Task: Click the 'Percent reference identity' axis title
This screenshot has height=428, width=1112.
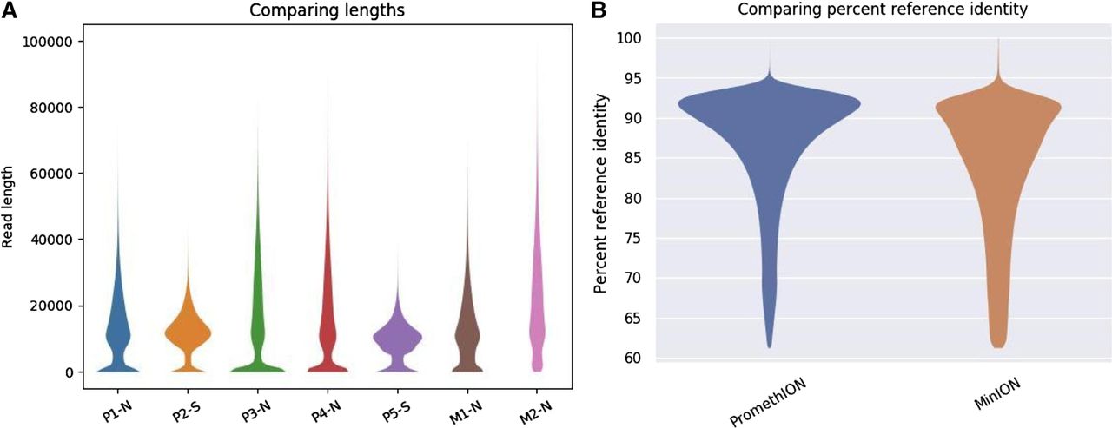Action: pyautogui.click(x=600, y=193)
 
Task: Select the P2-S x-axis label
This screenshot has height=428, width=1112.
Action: pyautogui.click(x=183, y=401)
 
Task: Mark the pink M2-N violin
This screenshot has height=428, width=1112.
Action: pyautogui.click(x=539, y=330)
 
